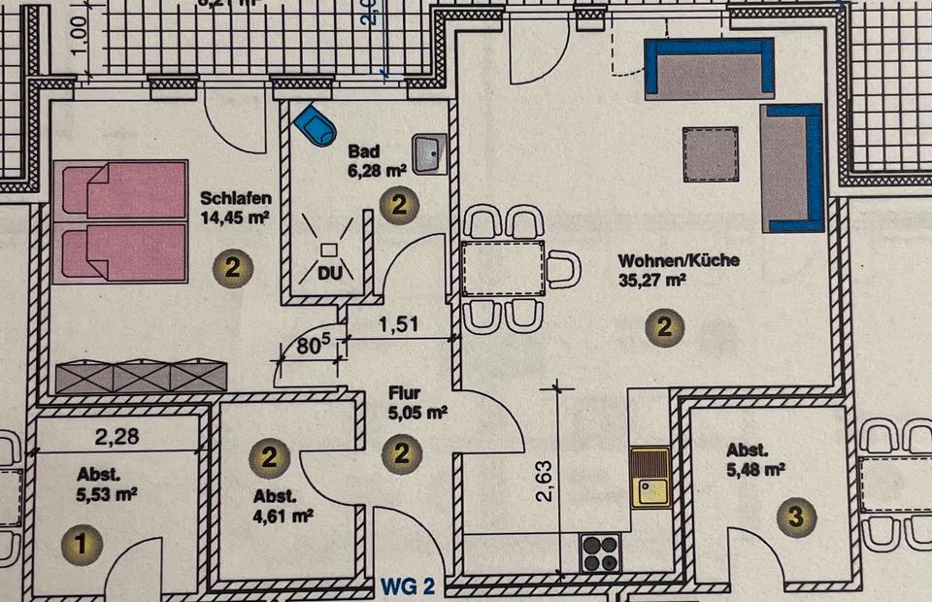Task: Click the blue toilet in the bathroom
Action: (x=313, y=124)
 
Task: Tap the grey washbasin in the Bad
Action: (x=427, y=152)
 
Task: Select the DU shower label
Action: (x=330, y=274)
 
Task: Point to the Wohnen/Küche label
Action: (x=679, y=260)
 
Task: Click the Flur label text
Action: (x=403, y=395)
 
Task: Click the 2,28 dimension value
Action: (x=117, y=437)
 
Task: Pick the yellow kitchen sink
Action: (x=650, y=478)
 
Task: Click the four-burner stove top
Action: (x=601, y=553)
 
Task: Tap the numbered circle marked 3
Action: (x=795, y=518)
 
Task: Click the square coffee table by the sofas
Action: (x=711, y=153)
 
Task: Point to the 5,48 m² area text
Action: (x=754, y=469)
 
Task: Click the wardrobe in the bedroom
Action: (x=141, y=377)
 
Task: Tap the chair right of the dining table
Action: (x=564, y=269)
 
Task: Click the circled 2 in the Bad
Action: (x=399, y=205)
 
